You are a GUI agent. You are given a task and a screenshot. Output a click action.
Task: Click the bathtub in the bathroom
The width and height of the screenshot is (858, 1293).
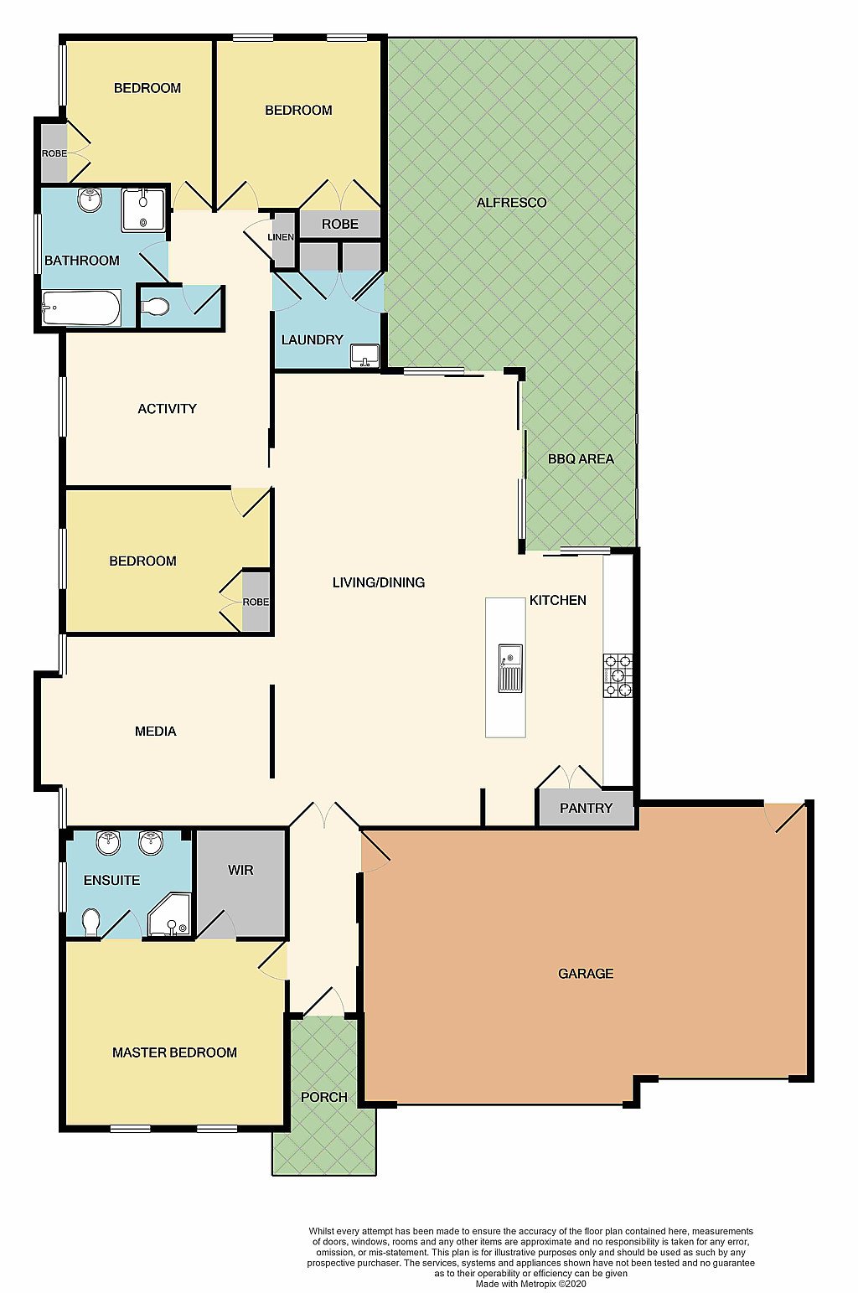[81, 308]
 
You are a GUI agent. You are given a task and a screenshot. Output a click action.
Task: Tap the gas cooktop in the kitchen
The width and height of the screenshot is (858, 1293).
[618, 675]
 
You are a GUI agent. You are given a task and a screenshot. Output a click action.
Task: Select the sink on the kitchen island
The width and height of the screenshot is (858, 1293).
[510, 668]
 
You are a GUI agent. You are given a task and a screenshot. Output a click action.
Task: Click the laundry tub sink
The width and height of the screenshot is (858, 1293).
[364, 355]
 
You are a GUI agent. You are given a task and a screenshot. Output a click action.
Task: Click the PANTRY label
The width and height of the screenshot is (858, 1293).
[586, 808]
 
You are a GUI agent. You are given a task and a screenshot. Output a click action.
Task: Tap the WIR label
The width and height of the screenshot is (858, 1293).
[240, 869]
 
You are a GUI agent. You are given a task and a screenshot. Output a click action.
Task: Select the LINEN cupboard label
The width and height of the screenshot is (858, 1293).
[281, 237]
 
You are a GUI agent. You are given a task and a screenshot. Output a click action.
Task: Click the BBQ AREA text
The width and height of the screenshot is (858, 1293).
[581, 459]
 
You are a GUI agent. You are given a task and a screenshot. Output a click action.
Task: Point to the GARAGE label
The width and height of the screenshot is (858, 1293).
[586, 973]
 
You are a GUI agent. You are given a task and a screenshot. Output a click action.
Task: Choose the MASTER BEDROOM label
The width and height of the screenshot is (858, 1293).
[174, 1053]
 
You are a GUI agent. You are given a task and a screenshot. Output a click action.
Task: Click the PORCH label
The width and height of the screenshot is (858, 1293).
[323, 1097]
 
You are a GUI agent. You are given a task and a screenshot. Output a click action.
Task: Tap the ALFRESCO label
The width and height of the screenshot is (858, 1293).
[511, 203]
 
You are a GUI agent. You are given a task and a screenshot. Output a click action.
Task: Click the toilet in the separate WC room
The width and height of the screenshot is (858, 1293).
[156, 307]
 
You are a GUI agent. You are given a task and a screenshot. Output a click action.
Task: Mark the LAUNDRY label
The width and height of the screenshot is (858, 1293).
[313, 339]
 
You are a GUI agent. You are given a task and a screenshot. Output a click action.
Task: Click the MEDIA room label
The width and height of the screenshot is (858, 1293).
[155, 732]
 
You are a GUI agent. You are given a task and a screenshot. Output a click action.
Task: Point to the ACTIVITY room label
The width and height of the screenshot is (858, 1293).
[167, 409]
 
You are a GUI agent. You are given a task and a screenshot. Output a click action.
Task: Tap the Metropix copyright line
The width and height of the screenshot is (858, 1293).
[530, 1284]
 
